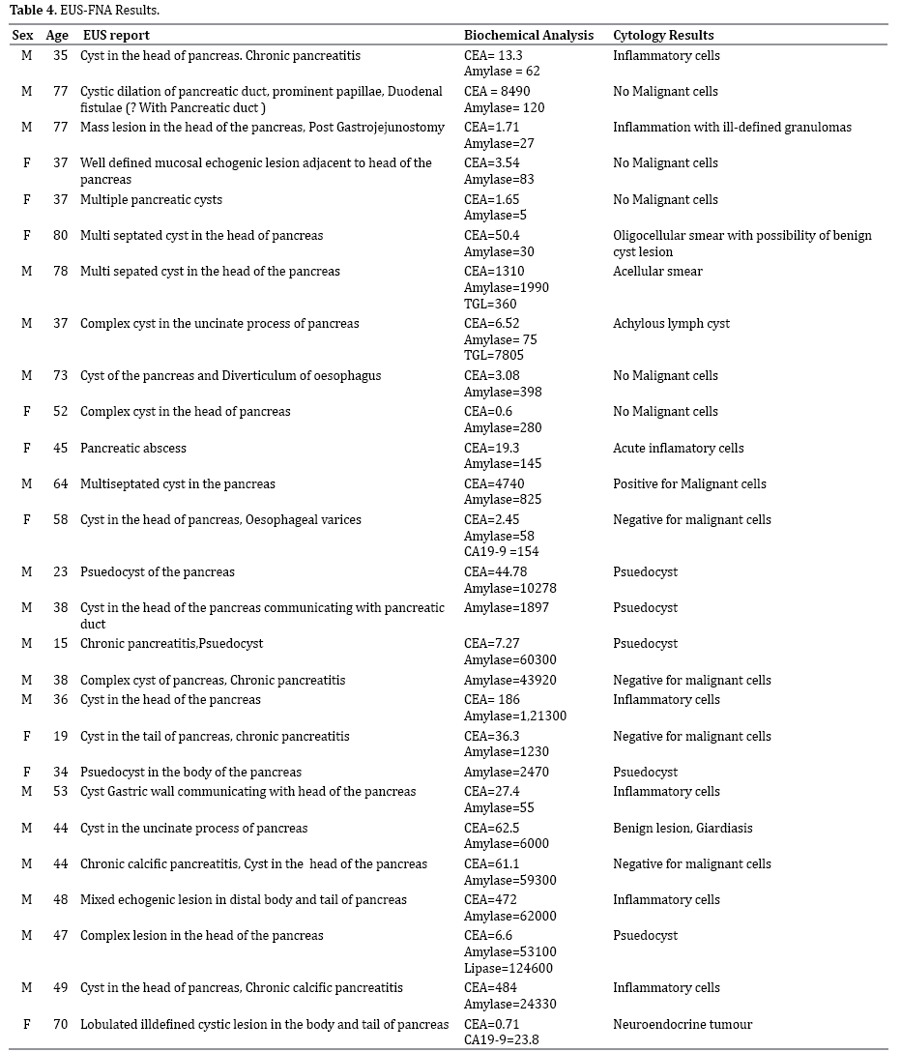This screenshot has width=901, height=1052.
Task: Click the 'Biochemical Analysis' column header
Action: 529,36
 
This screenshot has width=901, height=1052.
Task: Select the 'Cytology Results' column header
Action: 663,36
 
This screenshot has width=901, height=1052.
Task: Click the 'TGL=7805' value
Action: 496,356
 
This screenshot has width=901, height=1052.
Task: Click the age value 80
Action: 61,235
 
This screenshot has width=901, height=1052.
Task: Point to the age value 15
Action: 61,643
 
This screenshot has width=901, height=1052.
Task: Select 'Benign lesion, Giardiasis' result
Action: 683,828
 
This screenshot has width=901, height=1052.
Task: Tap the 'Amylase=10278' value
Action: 509,588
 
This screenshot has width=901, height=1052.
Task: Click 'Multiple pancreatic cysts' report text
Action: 151,199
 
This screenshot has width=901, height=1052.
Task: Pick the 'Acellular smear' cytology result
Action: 657,271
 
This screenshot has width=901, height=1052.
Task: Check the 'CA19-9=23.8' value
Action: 502,1040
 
